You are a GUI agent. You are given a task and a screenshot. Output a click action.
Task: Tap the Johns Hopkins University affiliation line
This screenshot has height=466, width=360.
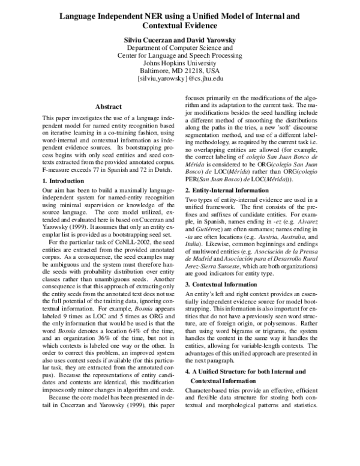(x=180, y=62)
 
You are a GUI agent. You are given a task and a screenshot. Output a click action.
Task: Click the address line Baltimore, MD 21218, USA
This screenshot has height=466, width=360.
(x=180, y=70)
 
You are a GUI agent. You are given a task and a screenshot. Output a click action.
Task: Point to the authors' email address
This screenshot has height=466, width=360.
(x=180, y=78)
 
